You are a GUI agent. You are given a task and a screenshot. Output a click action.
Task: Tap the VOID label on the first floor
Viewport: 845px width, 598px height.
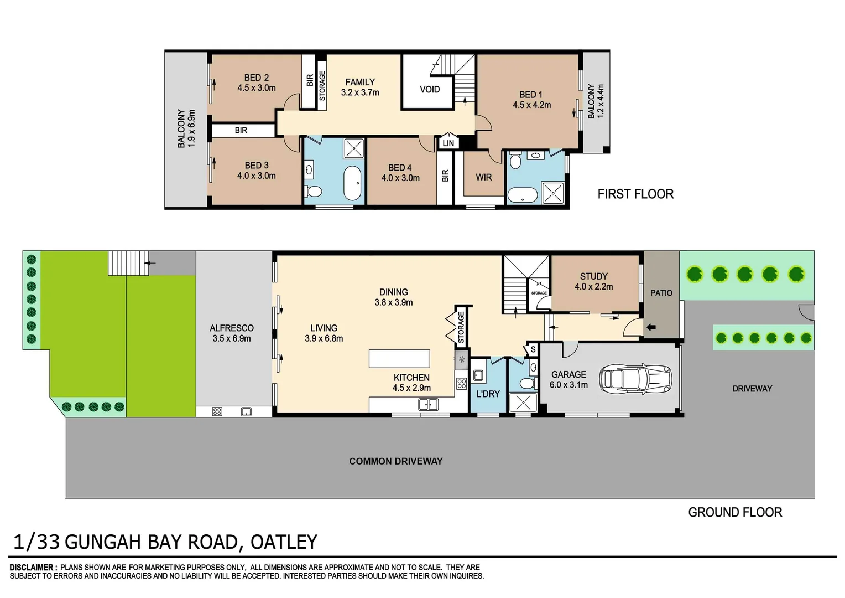tap(430, 89)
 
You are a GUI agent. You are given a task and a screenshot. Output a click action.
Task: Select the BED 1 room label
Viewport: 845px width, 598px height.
tap(530, 95)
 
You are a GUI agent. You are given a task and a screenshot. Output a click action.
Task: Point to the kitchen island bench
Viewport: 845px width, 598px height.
tap(399, 358)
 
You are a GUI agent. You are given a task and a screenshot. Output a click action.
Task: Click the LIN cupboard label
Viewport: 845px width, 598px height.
tap(448, 143)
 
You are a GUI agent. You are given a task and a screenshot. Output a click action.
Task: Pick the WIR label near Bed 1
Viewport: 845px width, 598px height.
tap(483, 177)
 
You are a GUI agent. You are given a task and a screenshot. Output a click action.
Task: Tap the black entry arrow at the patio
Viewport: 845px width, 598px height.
tap(651, 327)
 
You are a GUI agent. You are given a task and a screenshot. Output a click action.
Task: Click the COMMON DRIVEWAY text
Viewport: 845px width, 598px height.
tap(395, 461)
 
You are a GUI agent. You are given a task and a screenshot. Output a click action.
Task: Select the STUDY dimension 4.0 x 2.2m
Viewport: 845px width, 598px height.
tap(593, 287)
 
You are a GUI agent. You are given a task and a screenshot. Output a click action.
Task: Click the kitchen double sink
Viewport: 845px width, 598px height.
tap(428, 405)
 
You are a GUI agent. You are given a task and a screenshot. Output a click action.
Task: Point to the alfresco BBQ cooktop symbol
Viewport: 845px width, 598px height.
tap(217, 411)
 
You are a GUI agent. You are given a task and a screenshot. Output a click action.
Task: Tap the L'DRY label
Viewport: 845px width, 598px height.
tap(488, 394)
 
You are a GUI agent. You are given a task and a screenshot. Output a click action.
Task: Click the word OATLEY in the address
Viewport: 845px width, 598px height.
tap(284, 542)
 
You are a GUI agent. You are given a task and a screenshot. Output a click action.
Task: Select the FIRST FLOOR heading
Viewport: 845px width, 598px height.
tap(635, 194)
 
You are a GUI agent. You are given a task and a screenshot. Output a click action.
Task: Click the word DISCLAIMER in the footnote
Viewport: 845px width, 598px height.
tap(32, 568)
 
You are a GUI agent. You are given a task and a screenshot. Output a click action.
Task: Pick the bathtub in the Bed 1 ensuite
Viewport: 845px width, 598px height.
tap(522, 195)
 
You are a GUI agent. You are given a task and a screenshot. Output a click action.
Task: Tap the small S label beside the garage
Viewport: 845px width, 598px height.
tap(533, 349)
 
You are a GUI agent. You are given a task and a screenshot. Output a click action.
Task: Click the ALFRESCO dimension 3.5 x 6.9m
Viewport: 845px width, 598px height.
tap(231, 338)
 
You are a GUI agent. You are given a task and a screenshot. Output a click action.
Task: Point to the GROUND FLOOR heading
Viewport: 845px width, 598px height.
tap(735, 512)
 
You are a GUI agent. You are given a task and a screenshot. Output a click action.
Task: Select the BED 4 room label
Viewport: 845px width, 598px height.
tap(399, 167)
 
